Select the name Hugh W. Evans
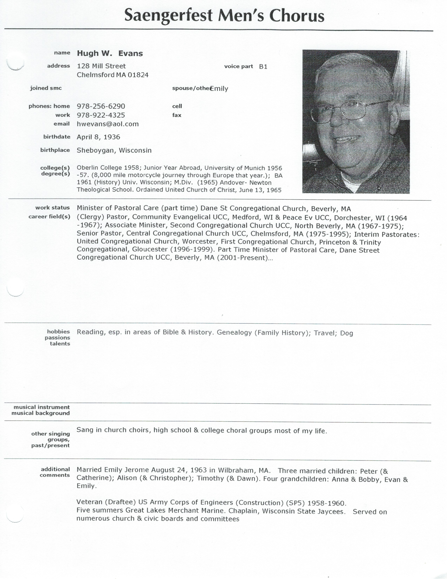[x=110, y=53]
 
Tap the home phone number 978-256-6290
[x=101, y=106]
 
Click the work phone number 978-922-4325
[x=101, y=115]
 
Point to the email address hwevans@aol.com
[x=107, y=124]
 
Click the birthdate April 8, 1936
[x=98, y=137]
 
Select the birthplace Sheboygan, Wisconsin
[x=114, y=150]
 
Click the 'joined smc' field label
[x=46, y=88]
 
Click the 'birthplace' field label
[x=55, y=150]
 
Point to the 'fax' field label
[x=177, y=115]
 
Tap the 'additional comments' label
[x=55, y=472]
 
